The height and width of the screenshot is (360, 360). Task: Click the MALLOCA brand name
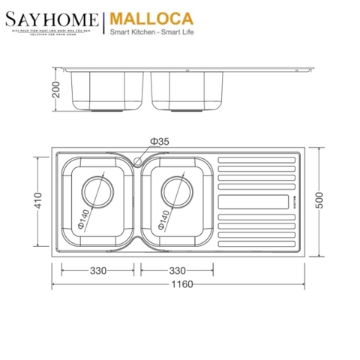(x=142, y=17)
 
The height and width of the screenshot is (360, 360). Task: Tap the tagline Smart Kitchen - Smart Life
(x=153, y=33)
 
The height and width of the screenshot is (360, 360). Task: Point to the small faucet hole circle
(x=138, y=160)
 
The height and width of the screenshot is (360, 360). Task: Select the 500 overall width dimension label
(x=324, y=202)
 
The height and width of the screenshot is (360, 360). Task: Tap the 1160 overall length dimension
(x=181, y=284)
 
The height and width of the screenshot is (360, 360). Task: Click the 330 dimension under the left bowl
(x=98, y=270)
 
